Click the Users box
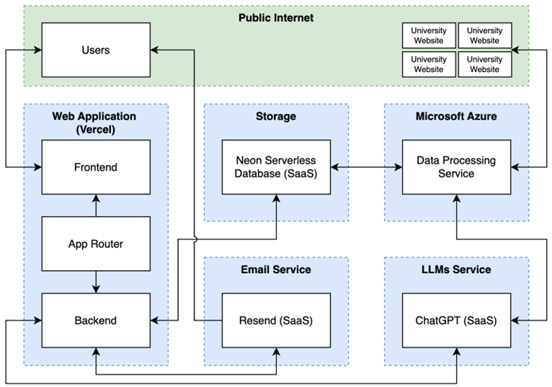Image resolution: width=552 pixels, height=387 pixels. coord(96,50)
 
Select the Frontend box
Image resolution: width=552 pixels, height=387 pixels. coord(96,167)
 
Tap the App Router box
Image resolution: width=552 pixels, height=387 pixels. coord(96,244)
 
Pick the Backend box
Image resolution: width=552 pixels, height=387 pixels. coord(96,320)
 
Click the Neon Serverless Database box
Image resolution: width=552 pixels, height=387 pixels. coord(276,167)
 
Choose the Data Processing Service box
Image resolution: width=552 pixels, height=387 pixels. coord(456,167)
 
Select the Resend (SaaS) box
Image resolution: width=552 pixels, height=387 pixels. coord(276,320)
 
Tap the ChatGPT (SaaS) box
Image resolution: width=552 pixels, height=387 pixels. coord(456,320)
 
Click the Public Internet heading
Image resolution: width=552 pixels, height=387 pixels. coord(276,17)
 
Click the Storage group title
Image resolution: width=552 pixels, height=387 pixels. coord(276,116)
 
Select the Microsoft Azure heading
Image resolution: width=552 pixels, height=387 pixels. coord(456,116)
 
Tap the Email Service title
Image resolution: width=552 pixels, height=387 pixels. coord(276,270)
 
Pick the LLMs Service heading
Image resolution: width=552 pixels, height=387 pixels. coord(456,270)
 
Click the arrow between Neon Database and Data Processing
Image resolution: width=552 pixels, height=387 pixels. coord(366,168)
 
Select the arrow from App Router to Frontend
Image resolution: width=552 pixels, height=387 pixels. coord(96,206)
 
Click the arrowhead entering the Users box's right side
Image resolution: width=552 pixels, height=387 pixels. coord(155,50)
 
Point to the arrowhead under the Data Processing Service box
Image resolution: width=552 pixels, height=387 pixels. coord(456,198)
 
